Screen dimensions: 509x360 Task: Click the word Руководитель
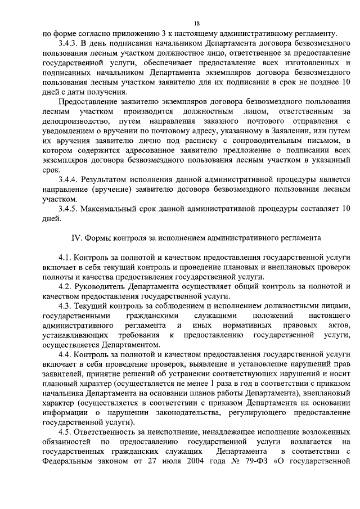pos(101,286)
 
